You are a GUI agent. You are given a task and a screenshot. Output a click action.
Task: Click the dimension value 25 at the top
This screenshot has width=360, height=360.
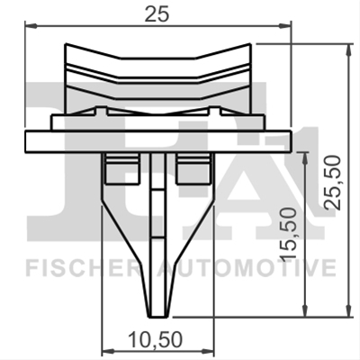click(x=157, y=14)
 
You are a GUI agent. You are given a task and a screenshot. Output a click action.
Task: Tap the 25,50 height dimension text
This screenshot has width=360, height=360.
click(x=333, y=183)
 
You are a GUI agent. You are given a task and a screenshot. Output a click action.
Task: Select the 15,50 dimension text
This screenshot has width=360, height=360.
click(x=288, y=233)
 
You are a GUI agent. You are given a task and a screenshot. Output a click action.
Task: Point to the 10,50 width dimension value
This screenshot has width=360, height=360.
click(x=155, y=339)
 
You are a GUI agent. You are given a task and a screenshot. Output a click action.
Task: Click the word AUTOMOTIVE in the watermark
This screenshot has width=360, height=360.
click(x=247, y=268)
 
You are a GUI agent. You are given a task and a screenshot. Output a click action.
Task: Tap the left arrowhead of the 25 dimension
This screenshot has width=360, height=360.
click(x=31, y=26)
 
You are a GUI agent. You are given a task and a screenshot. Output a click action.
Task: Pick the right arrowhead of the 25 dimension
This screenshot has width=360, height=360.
click(x=285, y=26)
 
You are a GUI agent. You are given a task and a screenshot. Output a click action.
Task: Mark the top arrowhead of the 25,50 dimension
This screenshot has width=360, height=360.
click(x=348, y=49)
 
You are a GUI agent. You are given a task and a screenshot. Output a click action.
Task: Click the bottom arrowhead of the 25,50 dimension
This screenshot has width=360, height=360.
click(x=348, y=310)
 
